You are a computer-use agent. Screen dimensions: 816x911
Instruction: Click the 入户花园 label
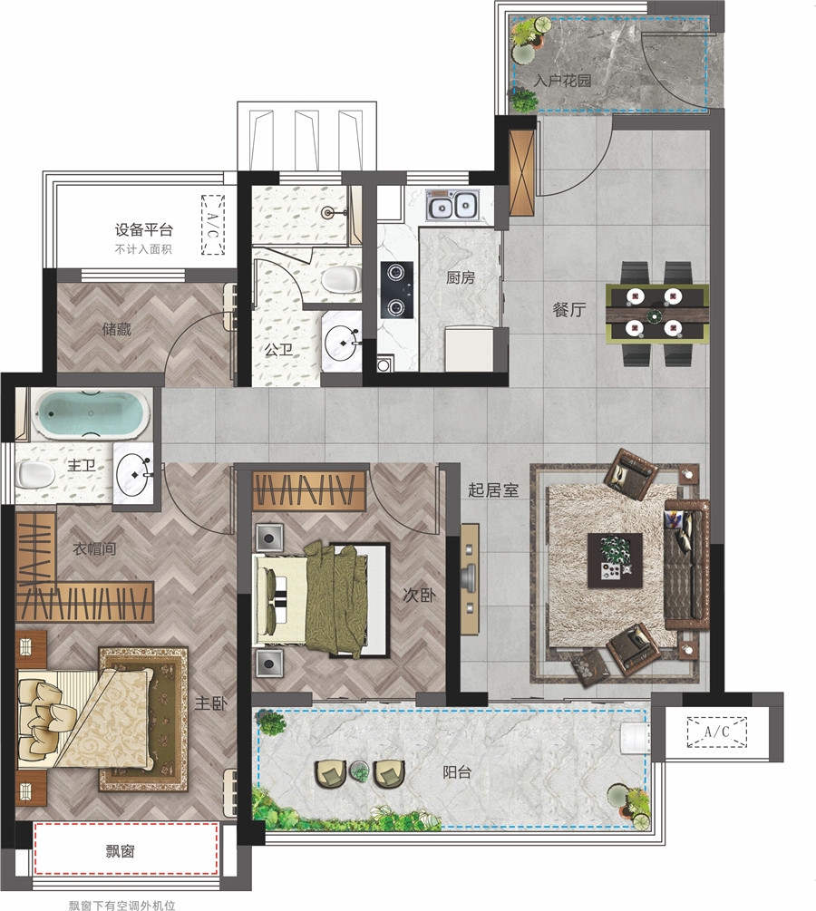click(x=562, y=80)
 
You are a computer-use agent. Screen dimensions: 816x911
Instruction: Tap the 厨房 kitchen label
click(x=461, y=277)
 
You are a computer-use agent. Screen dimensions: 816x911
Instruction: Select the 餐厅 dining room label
click(x=569, y=309)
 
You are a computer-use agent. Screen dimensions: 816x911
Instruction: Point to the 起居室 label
click(x=493, y=489)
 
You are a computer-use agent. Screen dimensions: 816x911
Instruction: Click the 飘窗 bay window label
click(x=121, y=851)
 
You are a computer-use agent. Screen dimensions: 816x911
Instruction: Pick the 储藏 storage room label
click(x=116, y=329)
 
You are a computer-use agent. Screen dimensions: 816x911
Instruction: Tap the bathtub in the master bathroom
click(x=90, y=413)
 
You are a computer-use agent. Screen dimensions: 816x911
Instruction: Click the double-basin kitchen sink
click(x=451, y=205)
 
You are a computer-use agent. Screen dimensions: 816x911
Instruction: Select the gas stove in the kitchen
click(x=397, y=290)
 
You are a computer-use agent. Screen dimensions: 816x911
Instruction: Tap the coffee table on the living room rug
click(x=615, y=561)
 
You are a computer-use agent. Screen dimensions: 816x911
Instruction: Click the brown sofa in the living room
click(x=686, y=564)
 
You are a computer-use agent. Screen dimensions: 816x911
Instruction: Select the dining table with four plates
click(x=656, y=314)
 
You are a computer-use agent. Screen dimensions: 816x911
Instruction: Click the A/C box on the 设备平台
click(x=213, y=225)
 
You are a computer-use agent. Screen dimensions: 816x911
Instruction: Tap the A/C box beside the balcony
click(x=716, y=732)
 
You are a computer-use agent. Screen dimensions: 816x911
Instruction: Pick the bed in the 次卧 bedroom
click(x=321, y=599)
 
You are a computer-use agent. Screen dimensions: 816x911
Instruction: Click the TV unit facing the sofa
click(x=470, y=579)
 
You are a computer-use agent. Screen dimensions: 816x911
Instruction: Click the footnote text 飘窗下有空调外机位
click(x=121, y=905)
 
